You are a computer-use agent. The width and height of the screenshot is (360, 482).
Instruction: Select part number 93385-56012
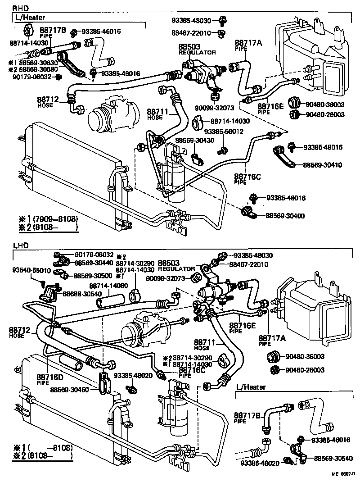click(224, 132)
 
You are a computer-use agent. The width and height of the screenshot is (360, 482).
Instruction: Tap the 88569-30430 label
click(193, 141)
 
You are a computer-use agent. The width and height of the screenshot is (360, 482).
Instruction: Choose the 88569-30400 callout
click(284, 216)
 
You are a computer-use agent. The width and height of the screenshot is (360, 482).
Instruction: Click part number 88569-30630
click(35, 63)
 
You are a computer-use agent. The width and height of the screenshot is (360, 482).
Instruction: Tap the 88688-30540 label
click(81, 294)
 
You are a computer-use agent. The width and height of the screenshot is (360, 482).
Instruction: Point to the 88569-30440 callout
click(94, 262)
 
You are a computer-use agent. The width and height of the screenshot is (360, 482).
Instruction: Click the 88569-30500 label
click(94, 275)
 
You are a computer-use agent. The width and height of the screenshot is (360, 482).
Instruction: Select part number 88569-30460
click(69, 390)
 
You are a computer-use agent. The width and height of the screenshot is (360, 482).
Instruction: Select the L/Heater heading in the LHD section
click(251, 387)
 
